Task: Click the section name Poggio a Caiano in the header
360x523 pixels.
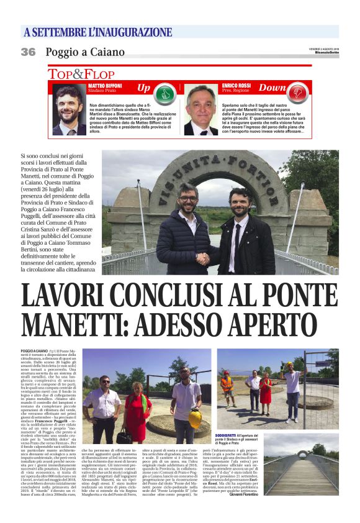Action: tap(85, 52)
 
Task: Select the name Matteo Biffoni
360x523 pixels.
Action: tap(104, 85)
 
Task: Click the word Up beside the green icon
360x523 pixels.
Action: tap(144, 88)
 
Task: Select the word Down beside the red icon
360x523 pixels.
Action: tap(272, 88)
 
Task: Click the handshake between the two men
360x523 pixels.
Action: tap(203, 258)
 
